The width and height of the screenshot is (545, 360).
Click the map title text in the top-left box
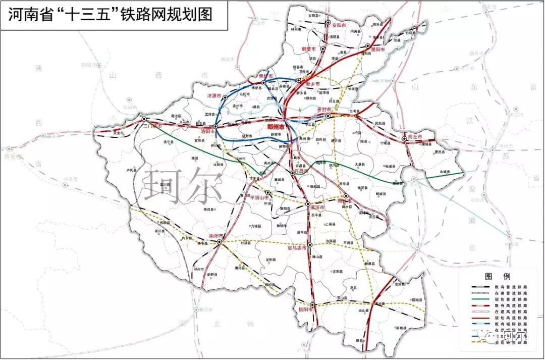point(110,15)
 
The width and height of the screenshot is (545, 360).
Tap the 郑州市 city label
point(275,128)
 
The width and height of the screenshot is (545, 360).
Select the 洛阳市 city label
point(208,131)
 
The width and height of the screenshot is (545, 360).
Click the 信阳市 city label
point(306,310)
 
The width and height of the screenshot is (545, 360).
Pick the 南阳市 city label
point(215,235)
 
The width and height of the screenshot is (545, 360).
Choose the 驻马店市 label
point(297,248)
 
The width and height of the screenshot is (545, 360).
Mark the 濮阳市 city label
point(377,50)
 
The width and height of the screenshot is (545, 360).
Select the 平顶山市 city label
point(254,198)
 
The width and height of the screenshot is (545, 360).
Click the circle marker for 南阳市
point(220,242)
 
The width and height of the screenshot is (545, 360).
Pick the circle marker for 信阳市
point(313,304)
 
